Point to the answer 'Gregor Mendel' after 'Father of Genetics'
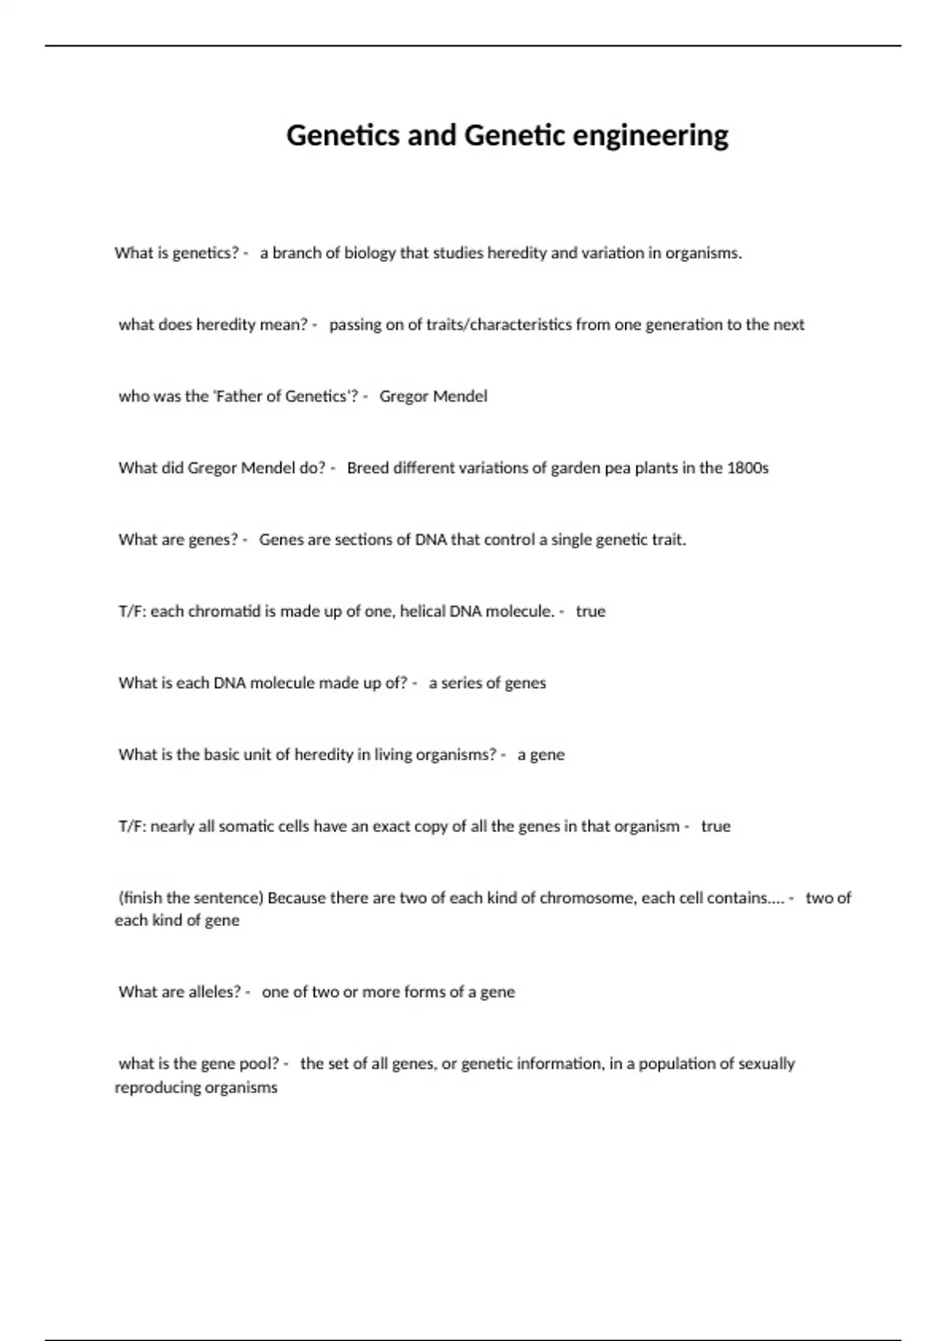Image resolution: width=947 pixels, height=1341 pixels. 433,396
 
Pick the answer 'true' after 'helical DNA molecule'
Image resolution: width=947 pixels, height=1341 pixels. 590,611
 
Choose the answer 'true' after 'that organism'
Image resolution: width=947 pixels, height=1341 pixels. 716,827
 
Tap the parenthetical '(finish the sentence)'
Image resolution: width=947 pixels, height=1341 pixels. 190,898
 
